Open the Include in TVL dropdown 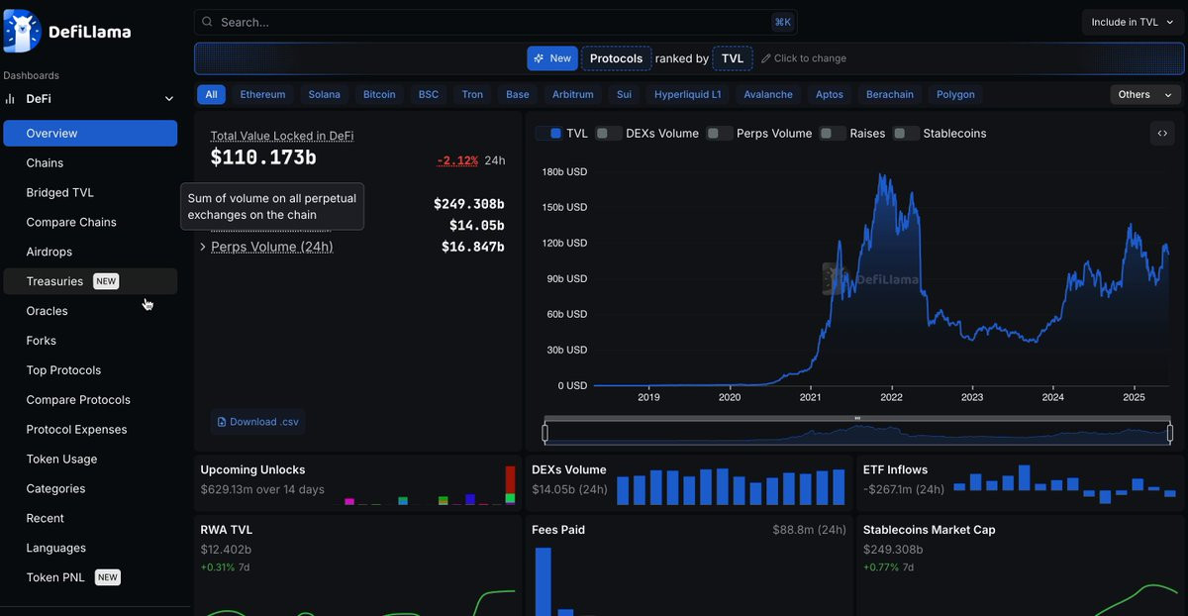coord(1132,23)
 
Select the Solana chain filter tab coord(324,94)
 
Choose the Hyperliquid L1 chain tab coord(687,94)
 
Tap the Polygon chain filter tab coord(955,94)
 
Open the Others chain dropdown coord(1145,94)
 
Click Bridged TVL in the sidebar coord(60,192)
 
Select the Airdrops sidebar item coord(49,252)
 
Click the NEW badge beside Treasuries coord(106,281)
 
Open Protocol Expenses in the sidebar coord(76,429)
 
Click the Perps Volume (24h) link coord(272,247)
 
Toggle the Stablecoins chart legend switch coord(906,133)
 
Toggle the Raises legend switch coord(833,133)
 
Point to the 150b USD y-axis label coord(564,207)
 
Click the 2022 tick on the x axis coord(892,397)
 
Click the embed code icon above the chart coord(1162,133)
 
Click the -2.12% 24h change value coord(457,160)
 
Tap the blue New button coord(552,58)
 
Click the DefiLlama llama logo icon coord(22,32)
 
